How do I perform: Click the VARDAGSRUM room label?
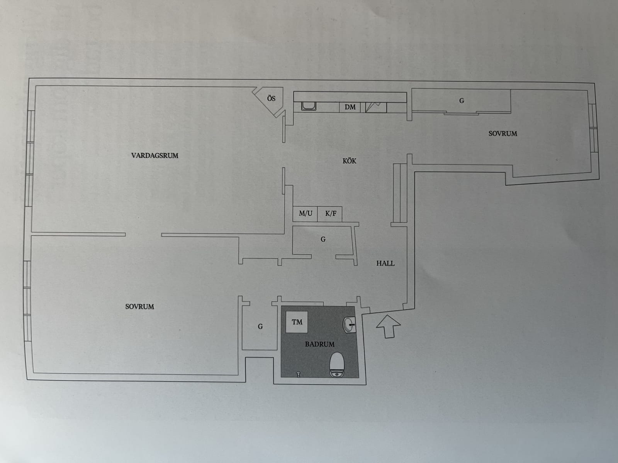click(x=154, y=155)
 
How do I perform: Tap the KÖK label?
click(x=350, y=161)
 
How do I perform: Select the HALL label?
click(x=385, y=264)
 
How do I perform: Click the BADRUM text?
click(x=319, y=344)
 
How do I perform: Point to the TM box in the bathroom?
click(x=297, y=322)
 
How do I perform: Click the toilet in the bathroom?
click(x=337, y=364)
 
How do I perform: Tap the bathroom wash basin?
click(x=350, y=325)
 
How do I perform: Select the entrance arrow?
click(x=388, y=326)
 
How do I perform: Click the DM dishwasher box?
click(x=350, y=107)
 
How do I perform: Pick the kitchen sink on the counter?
click(x=309, y=106)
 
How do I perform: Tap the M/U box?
click(x=305, y=214)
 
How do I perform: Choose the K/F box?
click(x=330, y=214)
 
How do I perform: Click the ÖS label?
click(x=271, y=98)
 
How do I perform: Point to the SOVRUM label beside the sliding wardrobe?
click(x=503, y=133)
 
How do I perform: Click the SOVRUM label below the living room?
click(x=140, y=307)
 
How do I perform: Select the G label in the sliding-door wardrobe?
click(x=462, y=101)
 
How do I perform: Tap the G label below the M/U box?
click(x=323, y=239)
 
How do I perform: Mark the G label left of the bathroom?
click(x=260, y=327)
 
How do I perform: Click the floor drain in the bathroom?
click(x=299, y=374)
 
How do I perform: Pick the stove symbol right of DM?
click(x=376, y=107)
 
